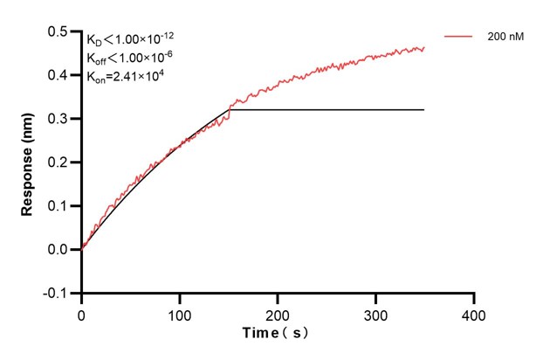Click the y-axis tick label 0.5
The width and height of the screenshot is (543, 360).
[x=60, y=31]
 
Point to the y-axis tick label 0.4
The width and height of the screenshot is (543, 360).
[x=60, y=75]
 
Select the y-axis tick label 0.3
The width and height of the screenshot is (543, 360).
[x=60, y=119]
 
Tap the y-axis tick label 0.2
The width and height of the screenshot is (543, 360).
[x=60, y=163]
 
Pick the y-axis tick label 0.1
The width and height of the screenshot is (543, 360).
[x=60, y=206]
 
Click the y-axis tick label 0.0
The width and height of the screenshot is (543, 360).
[x=60, y=250]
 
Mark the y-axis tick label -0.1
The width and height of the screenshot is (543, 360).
[x=58, y=294]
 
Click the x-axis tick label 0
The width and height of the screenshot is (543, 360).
[x=82, y=312]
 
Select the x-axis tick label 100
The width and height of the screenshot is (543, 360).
[x=180, y=312]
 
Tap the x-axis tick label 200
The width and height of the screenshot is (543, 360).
[x=278, y=312]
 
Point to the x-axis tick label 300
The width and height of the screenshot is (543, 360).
[x=375, y=312]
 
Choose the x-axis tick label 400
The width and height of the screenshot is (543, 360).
[x=473, y=312]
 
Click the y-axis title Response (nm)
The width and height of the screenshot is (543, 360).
[x=28, y=162]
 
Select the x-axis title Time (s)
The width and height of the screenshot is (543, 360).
[x=276, y=333]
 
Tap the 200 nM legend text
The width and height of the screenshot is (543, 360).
[x=505, y=38]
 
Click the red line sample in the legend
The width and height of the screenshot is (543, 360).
[x=459, y=38]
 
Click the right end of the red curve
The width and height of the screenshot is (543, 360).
[x=424, y=49]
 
